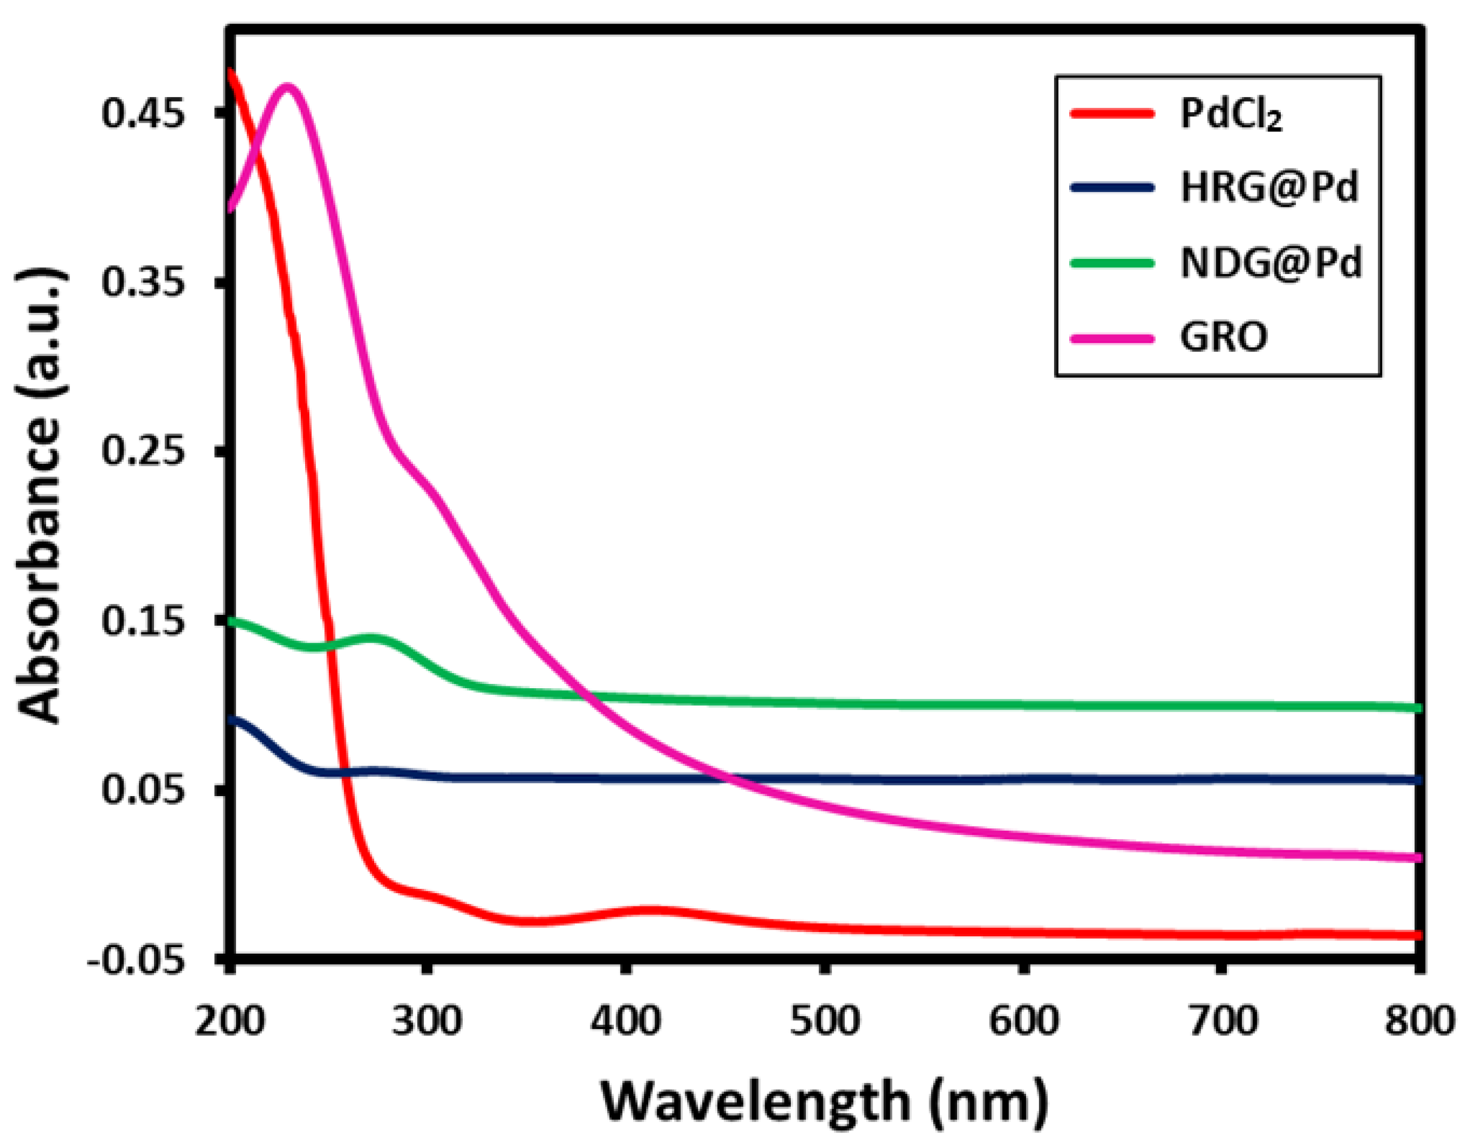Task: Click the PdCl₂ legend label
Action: (1230, 115)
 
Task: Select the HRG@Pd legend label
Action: (1269, 188)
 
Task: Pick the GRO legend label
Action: (1224, 337)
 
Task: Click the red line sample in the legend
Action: (1112, 113)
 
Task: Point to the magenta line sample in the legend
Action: (1112, 338)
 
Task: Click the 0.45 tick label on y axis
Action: (143, 113)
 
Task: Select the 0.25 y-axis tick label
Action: (143, 451)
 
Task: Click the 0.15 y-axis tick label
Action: (143, 620)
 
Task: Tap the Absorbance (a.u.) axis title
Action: (42, 497)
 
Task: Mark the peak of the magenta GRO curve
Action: (289, 88)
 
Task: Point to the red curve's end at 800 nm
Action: (1417, 935)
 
